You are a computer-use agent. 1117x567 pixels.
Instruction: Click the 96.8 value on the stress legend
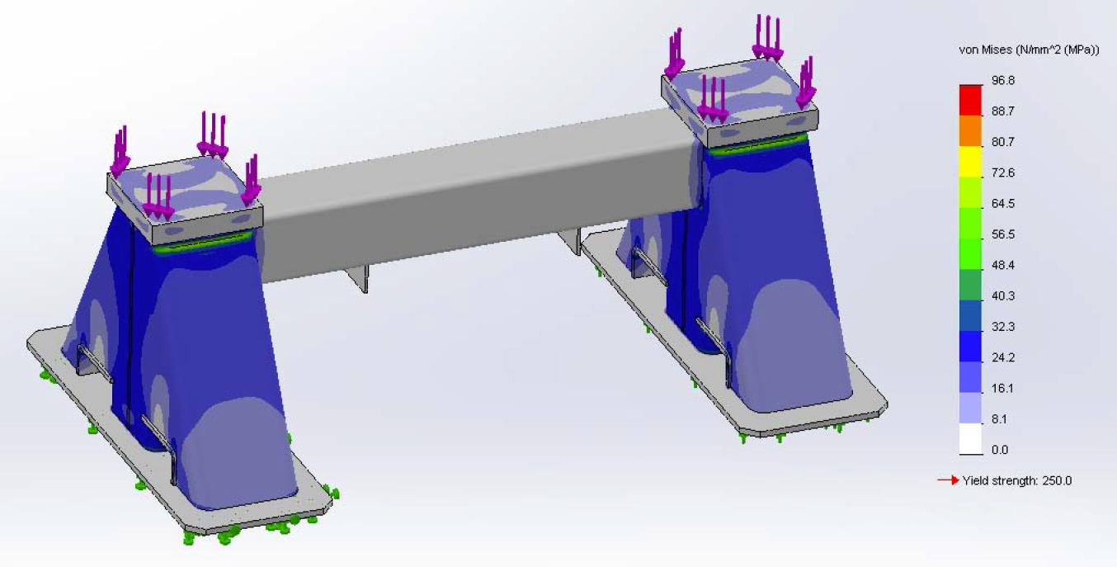(x=1002, y=80)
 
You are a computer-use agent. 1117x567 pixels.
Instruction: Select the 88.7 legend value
(x=1002, y=111)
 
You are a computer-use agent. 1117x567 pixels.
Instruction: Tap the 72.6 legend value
(x=1002, y=172)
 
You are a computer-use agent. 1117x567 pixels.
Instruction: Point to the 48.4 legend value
(x=1002, y=265)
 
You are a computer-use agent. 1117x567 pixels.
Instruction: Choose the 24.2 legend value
(x=1002, y=357)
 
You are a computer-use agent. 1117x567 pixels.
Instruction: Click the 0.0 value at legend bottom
(x=998, y=450)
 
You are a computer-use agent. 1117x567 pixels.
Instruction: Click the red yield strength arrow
(x=948, y=480)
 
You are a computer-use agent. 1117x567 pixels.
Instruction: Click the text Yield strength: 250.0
(x=1016, y=480)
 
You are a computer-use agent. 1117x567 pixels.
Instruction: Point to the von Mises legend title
(x=1028, y=50)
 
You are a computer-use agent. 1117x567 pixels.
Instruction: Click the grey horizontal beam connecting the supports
(x=478, y=198)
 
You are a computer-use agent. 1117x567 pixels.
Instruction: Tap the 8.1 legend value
(x=998, y=419)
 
